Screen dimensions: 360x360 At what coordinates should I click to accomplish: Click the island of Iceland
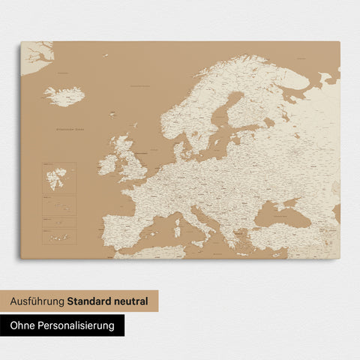[64, 96]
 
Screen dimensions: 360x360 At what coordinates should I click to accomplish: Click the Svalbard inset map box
[58, 178]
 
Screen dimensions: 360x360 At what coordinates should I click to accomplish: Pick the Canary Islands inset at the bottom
[58, 237]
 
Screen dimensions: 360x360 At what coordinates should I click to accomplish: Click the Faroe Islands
[112, 115]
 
